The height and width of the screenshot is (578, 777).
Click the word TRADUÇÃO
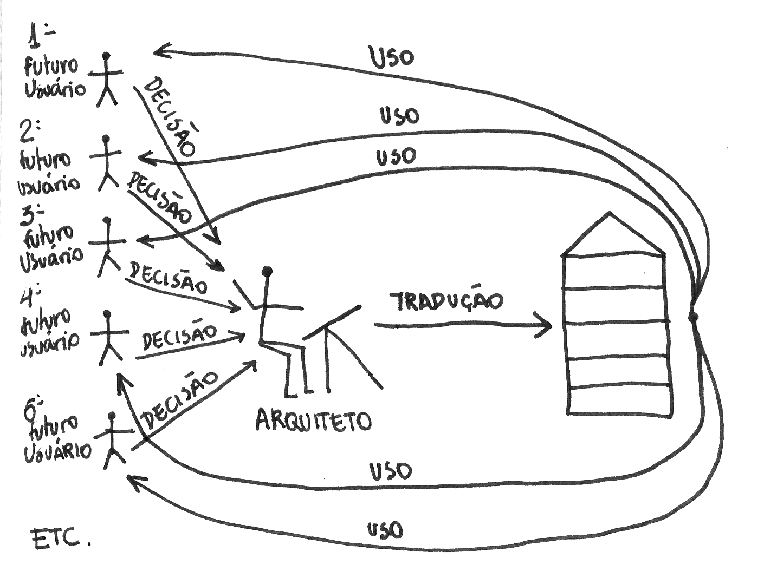coord(446,302)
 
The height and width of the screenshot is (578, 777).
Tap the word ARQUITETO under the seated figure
coord(313,420)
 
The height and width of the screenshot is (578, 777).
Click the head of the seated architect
coord(267,271)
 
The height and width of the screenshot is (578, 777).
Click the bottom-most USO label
coord(385,529)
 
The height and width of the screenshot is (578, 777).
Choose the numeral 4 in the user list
coord(30,295)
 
